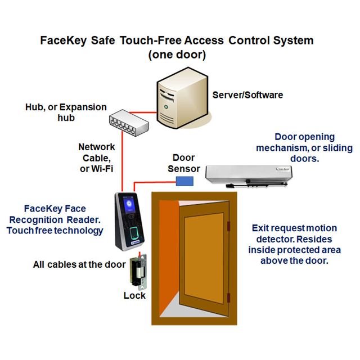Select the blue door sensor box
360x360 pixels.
pos(184,181)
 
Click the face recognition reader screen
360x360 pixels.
pos(128,206)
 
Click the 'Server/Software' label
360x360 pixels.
pos(247,95)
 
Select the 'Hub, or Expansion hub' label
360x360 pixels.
pos(67,112)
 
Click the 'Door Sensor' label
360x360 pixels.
pos(183,163)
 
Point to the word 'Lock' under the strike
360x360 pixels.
pos(134,295)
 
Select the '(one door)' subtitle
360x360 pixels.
pos(177,56)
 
